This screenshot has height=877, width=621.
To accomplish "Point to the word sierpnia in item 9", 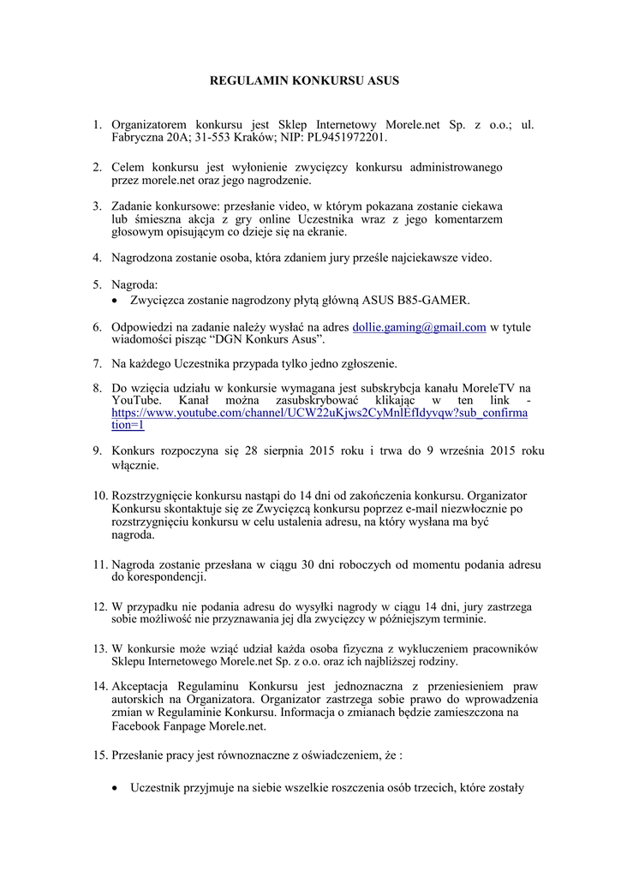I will (x=291, y=450).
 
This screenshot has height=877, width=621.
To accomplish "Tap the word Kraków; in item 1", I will (x=248, y=137).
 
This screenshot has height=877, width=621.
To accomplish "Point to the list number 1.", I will (x=97, y=124).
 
